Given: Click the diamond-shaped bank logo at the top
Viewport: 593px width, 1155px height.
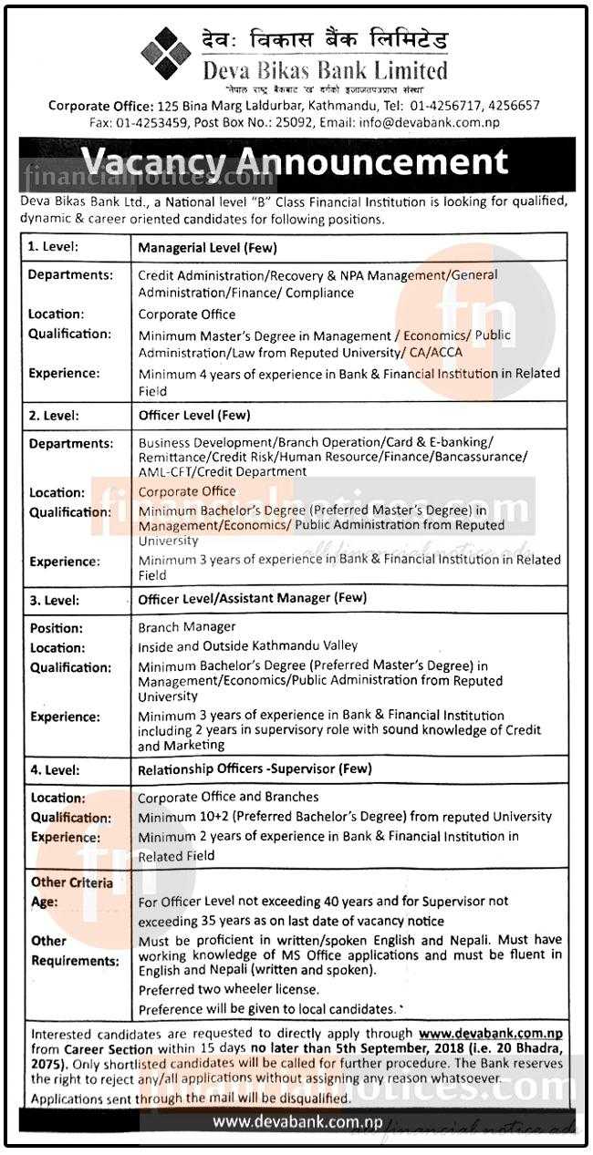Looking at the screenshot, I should (165, 53).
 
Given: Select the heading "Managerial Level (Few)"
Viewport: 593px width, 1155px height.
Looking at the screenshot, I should (207, 247).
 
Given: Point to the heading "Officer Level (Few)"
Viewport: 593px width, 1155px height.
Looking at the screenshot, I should (193, 416).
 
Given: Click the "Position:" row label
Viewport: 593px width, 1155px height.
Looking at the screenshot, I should (56, 628).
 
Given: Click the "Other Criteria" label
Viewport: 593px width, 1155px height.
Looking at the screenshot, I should (72, 882).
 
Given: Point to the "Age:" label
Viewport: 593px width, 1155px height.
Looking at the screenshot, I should (45, 902).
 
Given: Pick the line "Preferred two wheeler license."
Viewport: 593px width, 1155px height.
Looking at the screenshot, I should (228, 989).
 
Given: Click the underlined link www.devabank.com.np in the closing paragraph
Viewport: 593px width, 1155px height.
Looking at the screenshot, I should (490, 1034).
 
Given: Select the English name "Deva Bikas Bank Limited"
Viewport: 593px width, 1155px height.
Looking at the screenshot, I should (326, 70).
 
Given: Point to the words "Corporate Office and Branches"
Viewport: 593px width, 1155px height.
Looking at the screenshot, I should (228, 798).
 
